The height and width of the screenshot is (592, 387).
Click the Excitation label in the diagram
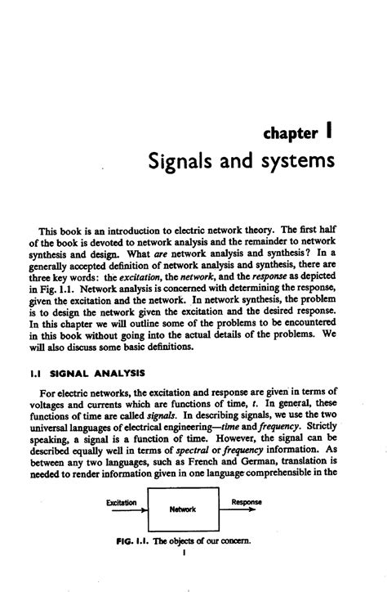(122, 501)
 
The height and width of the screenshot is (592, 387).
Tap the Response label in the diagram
(246, 501)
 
